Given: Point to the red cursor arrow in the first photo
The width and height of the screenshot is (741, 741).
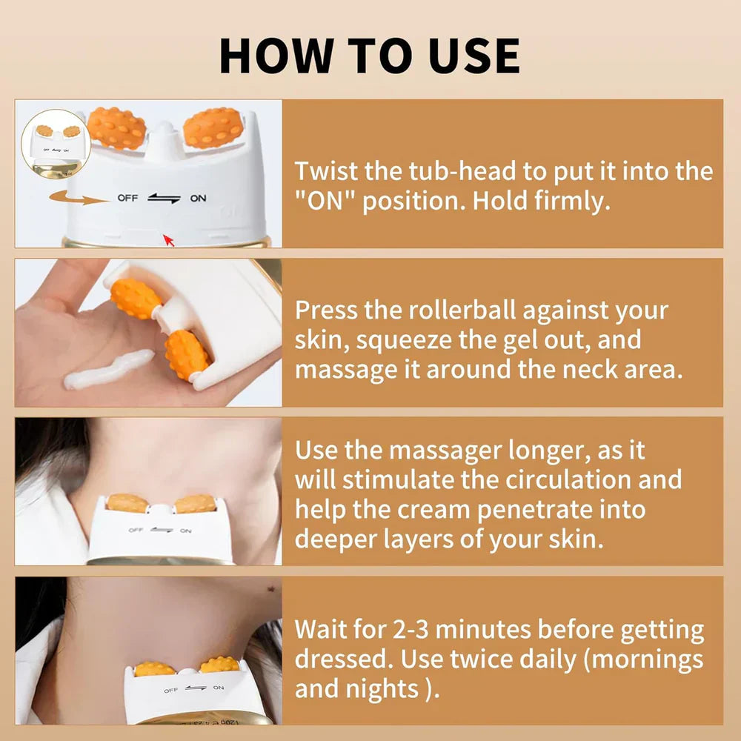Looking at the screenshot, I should pyautogui.click(x=169, y=239).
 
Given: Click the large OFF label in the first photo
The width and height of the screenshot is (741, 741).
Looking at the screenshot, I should pyautogui.click(x=127, y=199).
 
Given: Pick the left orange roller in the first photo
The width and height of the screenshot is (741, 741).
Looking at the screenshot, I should pyautogui.click(x=116, y=128).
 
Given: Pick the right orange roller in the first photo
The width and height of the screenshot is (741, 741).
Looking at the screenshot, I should pyautogui.click(x=213, y=128).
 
